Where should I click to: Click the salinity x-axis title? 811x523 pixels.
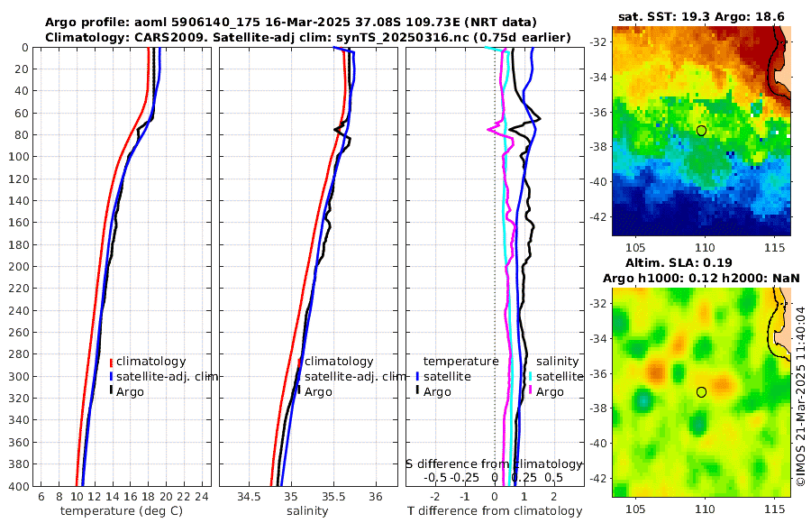[x=306, y=511]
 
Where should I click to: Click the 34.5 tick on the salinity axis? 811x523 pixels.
[x=248, y=497]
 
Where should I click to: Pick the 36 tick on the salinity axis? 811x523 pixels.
[x=376, y=497]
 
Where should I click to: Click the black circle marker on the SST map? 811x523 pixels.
[x=701, y=131]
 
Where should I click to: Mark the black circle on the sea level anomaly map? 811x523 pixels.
[x=701, y=392]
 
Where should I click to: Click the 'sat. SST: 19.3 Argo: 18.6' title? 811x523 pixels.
[x=701, y=16]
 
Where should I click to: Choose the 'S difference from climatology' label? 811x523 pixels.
[x=494, y=463]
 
